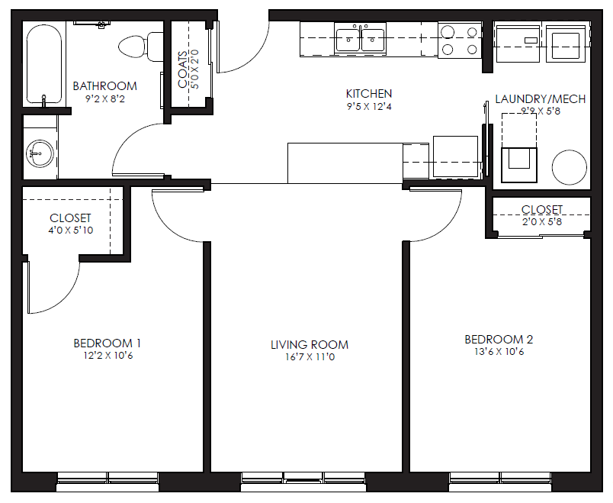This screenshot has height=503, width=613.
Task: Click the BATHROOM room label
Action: (104, 86)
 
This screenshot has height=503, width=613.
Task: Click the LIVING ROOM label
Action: (310, 345)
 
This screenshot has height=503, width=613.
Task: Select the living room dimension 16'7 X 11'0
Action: (310, 357)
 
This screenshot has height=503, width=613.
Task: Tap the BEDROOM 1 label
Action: (107, 343)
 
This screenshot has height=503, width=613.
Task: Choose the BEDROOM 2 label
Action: (499, 340)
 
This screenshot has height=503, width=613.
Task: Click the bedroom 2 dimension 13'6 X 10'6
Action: (499, 352)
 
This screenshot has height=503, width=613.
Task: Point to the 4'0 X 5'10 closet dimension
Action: (70, 231)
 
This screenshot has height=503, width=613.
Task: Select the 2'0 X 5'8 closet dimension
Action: (541, 222)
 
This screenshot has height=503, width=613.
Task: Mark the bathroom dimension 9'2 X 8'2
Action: (104, 98)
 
